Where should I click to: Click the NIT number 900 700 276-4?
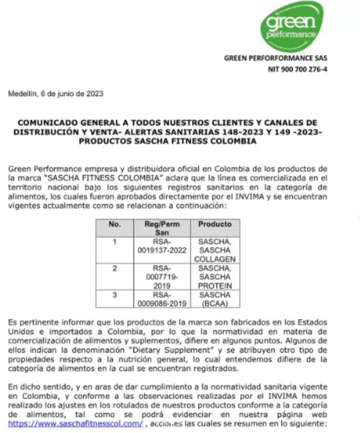pyautogui.click(x=297, y=69)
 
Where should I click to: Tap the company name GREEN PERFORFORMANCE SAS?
pyautogui.click(x=275, y=58)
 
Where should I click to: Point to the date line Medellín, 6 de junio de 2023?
pyautogui.click(x=55, y=94)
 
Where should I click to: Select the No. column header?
pyautogui.click(x=115, y=224)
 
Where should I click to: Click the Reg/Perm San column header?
pyautogui.click(x=162, y=228)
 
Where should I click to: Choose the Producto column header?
pyautogui.click(x=215, y=224)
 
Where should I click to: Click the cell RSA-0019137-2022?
pyautogui.click(x=162, y=245)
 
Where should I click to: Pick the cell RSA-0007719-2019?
pyautogui.click(x=162, y=277)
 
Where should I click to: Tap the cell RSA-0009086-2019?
pyautogui.click(x=162, y=299)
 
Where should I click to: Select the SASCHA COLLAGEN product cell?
pyautogui.click(x=215, y=250)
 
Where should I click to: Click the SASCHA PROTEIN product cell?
pyautogui.click(x=215, y=277)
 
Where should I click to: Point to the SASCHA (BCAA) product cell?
pyautogui.click(x=215, y=299)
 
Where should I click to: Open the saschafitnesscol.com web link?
pyautogui.click(x=75, y=423)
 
